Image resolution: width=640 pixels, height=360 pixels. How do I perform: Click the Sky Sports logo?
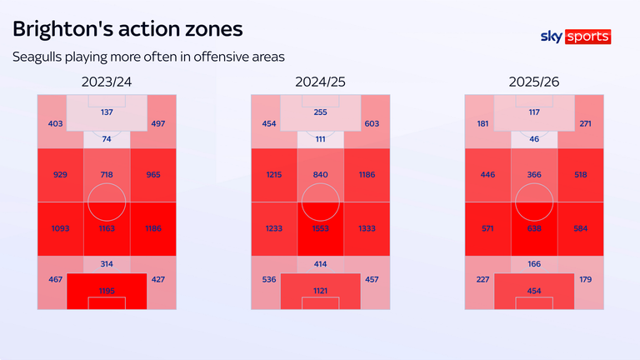pos(576,37)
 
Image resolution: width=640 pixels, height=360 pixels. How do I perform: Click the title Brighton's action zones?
pos(127,28)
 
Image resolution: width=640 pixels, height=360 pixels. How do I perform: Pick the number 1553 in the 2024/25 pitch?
pos(321,227)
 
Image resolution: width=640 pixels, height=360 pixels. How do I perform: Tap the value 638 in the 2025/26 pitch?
pos(534,227)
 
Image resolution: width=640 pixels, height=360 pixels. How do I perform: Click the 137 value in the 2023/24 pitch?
pos(107,112)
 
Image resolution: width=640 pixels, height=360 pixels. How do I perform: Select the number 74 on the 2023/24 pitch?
pos(107,138)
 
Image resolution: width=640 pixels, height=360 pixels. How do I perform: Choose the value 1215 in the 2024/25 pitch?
pos(274,175)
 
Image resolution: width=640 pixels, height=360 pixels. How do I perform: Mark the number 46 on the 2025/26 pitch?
pos(534,138)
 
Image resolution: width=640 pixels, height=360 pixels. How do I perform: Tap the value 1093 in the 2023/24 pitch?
pos(60,227)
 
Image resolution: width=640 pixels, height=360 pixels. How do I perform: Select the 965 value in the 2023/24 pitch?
pos(153,175)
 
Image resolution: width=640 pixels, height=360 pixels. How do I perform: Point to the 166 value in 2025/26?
pos(534,264)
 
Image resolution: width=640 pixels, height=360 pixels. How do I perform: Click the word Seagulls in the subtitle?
pos(38,57)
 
